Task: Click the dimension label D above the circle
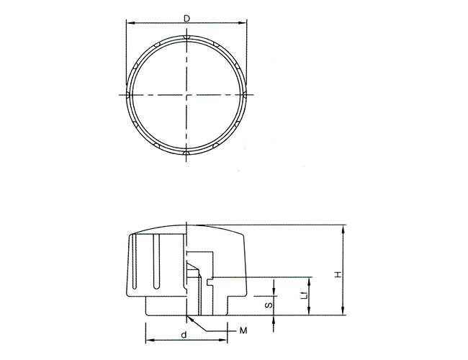pos(186,19)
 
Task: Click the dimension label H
pos(338,274)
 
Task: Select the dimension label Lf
pos(304,296)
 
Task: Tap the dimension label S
pos(269,305)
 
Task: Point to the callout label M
pos(243,330)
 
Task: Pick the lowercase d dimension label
pos(184,335)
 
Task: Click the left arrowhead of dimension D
pos(130,23)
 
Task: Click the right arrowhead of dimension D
pos(243,23)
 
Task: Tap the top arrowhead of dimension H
pos(343,229)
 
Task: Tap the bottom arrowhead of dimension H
pos(343,311)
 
